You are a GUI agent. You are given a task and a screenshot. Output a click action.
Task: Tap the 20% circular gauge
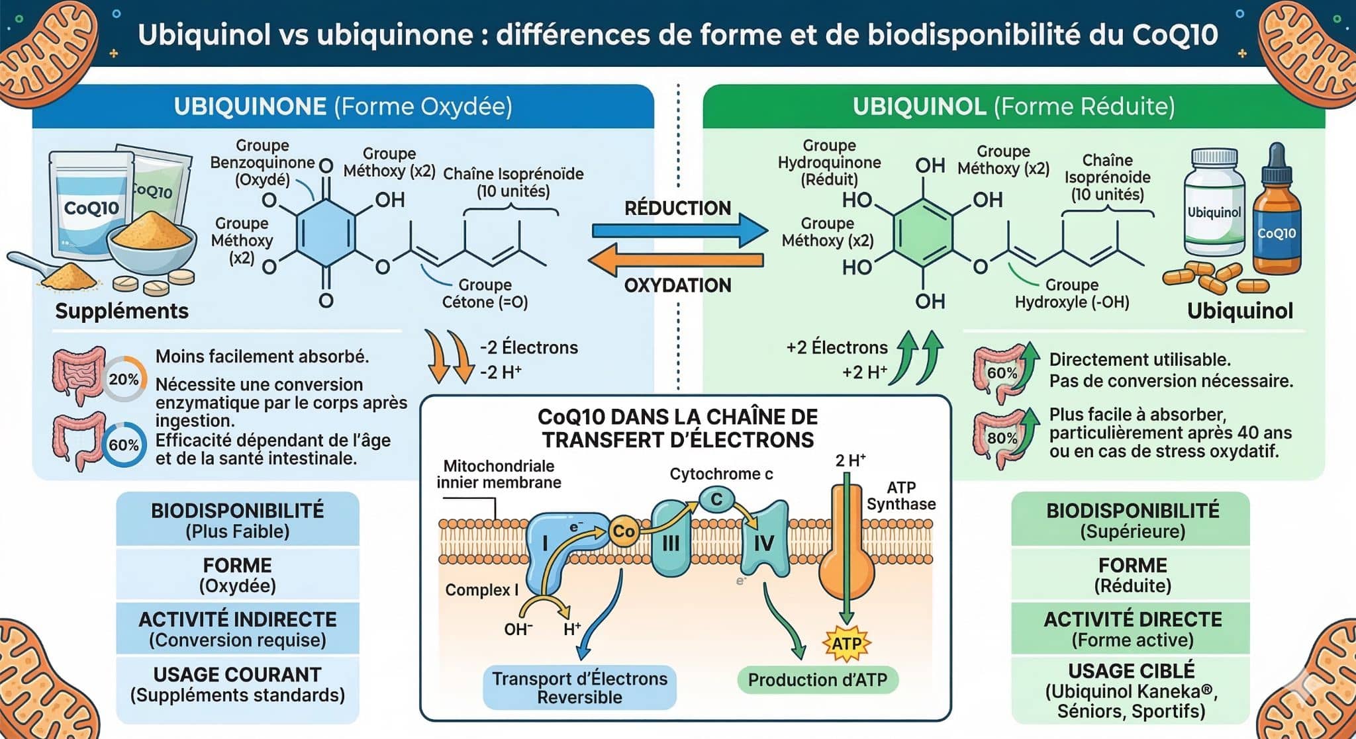(x=124, y=379)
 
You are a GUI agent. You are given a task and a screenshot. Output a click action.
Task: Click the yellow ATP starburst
(x=846, y=643)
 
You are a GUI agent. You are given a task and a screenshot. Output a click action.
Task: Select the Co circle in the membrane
(x=623, y=531)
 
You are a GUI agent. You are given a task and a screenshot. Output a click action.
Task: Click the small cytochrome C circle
(x=716, y=500)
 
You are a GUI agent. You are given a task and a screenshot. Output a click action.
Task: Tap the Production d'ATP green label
(x=817, y=680)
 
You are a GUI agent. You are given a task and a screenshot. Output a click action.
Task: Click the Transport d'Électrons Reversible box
(x=579, y=687)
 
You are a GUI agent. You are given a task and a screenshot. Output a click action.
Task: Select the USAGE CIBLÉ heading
(x=1132, y=671)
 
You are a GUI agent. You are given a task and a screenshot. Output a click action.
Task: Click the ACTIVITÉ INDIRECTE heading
(x=238, y=619)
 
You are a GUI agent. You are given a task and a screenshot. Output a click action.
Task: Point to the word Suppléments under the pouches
(x=122, y=311)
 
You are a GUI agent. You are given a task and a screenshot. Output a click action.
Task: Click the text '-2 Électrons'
(x=528, y=347)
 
